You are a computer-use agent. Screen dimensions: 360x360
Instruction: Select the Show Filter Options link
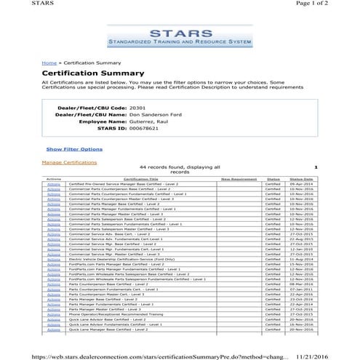click(73, 149)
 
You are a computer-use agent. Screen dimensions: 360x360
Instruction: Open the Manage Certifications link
click(69, 162)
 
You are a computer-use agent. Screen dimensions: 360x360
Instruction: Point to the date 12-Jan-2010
click(300, 248)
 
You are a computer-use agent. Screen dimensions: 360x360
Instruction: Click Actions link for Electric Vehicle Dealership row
click(53, 259)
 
